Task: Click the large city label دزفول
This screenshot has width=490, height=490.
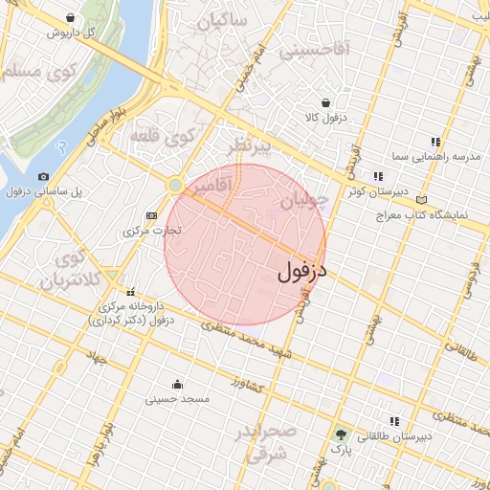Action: point(302,271)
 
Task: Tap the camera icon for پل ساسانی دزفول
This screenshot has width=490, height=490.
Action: point(44,177)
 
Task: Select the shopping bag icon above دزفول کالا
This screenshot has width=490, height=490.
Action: point(326,102)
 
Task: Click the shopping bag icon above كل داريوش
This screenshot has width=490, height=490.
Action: point(72,18)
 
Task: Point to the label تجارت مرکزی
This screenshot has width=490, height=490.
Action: point(152,231)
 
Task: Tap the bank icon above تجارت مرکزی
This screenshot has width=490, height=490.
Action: point(151,216)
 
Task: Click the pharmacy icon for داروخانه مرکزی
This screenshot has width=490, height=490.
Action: point(130,292)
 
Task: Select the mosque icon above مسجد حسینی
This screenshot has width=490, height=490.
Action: point(175,385)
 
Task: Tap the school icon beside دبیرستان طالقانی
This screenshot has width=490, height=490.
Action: point(393,421)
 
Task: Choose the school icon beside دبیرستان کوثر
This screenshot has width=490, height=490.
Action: point(378,176)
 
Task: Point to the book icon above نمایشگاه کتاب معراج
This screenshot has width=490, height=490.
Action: point(422,200)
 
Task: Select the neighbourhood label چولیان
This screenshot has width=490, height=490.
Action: point(305,201)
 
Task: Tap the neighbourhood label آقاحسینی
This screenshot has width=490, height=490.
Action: point(315,49)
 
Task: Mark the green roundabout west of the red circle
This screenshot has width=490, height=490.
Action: point(175,185)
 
